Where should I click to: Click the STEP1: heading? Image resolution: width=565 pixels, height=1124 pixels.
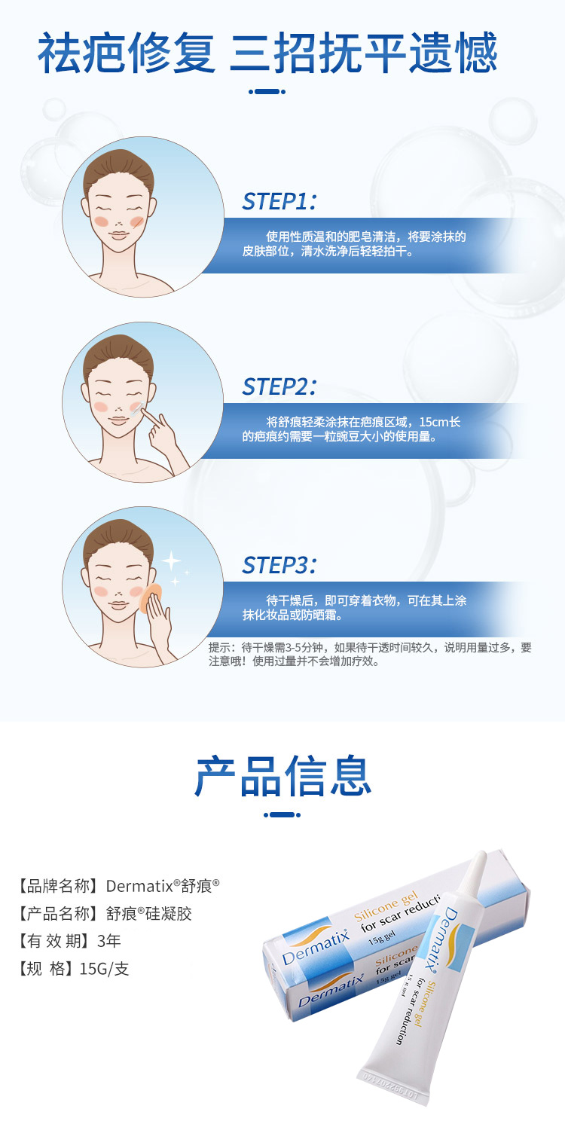(x=279, y=201)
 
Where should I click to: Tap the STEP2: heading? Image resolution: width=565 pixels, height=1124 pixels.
(x=279, y=386)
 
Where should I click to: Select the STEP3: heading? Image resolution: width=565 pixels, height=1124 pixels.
(x=279, y=565)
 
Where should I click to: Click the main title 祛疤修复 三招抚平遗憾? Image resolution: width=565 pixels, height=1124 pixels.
(x=267, y=53)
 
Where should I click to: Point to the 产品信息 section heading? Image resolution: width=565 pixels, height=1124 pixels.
(x=283, y=776)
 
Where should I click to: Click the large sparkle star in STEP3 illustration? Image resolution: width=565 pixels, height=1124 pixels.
(x=172, y=560)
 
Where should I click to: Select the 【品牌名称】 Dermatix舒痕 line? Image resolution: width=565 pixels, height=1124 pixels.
(x=118, y=886)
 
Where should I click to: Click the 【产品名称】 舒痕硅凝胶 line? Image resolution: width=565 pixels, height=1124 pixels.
(x=105, y=913)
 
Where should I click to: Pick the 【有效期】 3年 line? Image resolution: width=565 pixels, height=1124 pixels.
(x=69, y=941)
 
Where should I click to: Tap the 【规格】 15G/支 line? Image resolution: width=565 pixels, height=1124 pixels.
(x=73, y=969)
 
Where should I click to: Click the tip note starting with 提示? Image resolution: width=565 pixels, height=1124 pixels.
(x=371, y=655)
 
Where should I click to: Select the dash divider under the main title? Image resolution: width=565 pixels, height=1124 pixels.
(x=267, y=92)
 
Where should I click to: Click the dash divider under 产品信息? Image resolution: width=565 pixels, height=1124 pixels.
(x=282, y=815)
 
